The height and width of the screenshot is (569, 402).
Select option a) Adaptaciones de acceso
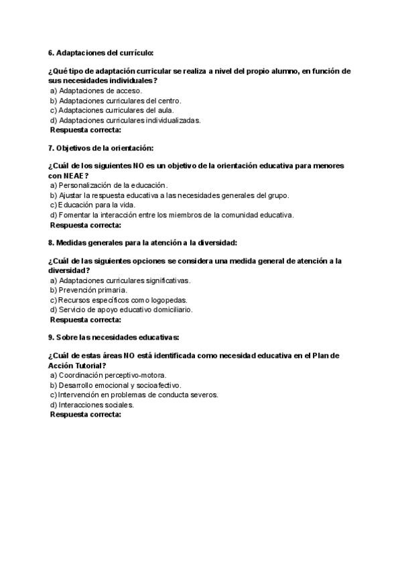tap(96, 91)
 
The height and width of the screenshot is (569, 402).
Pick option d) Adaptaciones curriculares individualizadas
tap(125, 120)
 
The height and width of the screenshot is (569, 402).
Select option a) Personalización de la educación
tap(109, 185)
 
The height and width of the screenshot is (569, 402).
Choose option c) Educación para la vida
tap(92, 205)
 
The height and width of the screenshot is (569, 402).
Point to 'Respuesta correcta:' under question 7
tap(86, 225)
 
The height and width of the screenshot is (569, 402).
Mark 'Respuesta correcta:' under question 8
tap(86, 320)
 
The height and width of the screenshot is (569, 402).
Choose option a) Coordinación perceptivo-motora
tap(108, 375)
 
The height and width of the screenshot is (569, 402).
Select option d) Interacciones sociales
tap(92, 405)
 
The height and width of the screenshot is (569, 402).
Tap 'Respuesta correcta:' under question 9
tap(86, 415)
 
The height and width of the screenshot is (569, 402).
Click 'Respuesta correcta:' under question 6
tap(86, 130)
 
